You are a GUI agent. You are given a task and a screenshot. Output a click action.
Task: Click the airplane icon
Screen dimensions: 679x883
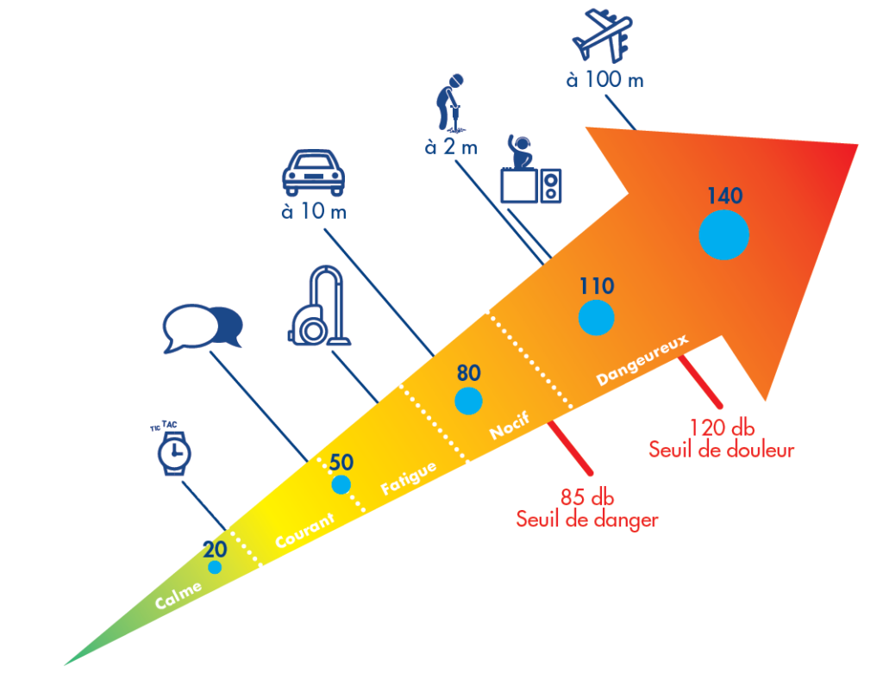coord(607,35)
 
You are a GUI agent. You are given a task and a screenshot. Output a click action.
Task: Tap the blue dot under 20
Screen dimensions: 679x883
coord(215,567)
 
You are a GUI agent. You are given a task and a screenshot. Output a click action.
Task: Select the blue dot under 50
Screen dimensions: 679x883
coord(341,484)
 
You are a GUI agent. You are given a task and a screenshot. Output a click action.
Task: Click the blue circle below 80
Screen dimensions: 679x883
coord(468,401)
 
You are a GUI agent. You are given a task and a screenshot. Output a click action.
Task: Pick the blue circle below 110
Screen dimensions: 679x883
coord(596,317)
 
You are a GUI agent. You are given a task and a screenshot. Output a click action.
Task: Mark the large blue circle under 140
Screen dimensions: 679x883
coord(723,234)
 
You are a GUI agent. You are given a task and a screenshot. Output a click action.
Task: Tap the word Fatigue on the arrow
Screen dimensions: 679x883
coord(409,479)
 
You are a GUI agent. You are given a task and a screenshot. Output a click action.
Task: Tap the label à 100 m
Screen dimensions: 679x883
coord(605,80)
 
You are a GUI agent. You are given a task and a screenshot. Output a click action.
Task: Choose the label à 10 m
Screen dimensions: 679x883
coord(314,211)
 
